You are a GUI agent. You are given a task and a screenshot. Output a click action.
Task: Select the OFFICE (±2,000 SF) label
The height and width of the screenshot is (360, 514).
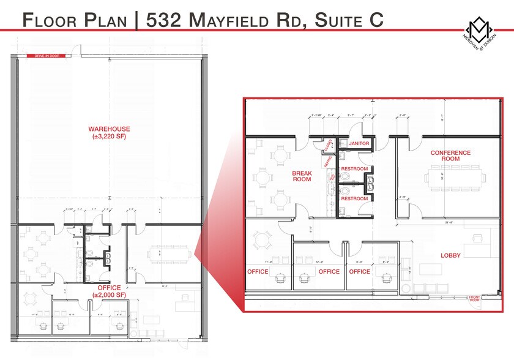[x=109, y=291]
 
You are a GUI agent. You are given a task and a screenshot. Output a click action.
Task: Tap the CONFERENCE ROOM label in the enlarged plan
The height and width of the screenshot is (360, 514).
[x=450, y=156]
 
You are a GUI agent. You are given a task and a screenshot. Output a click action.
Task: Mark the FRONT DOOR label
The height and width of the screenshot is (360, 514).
[x=475, y=299]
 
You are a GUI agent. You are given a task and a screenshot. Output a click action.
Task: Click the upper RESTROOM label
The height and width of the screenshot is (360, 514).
[x=354, y=169]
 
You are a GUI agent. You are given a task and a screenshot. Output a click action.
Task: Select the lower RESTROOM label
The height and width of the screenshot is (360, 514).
[x=354, y=199]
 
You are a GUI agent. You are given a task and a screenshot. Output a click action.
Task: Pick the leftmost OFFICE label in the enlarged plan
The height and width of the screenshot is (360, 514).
[x=258, y=271]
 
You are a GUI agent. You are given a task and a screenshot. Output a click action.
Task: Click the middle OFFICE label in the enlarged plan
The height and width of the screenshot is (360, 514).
[x=329, y=271]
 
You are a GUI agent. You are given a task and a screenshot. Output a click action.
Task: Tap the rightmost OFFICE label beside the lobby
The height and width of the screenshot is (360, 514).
[x=359, y=271]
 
